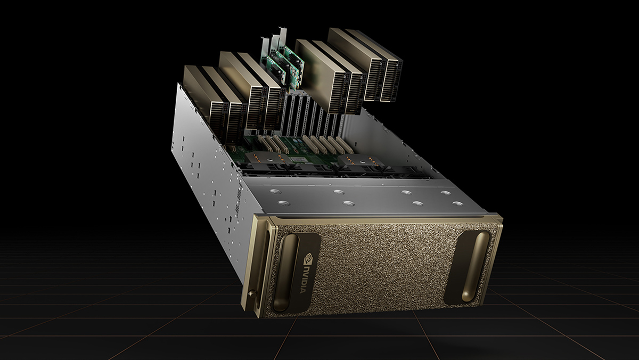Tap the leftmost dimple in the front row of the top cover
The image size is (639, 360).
point(283,203)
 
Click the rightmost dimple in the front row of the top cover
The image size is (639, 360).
point(456,203)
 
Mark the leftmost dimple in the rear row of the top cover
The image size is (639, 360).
point(274,191)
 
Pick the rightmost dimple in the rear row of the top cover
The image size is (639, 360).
point(445,192)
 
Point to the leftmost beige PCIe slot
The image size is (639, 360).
point(261,143)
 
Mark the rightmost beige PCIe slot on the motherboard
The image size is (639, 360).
point(347,144)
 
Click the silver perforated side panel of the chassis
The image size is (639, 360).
point(208,176)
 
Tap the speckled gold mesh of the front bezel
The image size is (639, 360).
point(383,266)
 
